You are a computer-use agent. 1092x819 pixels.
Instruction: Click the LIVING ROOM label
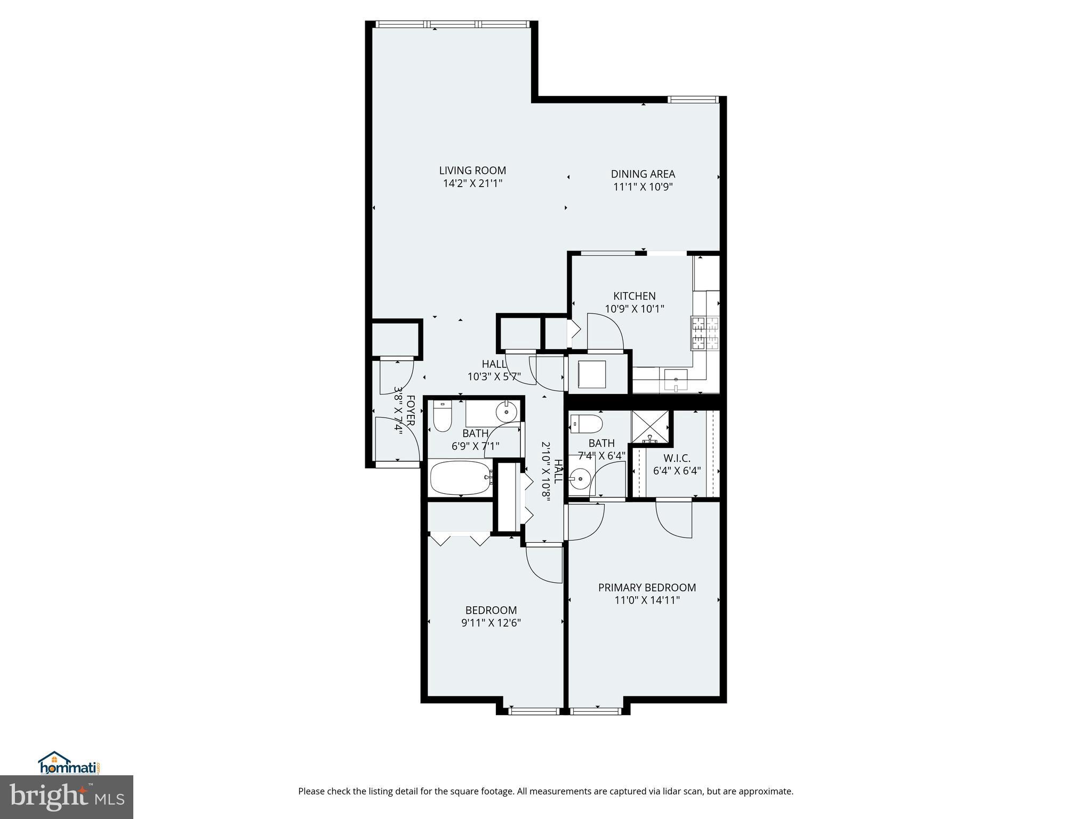point(472,171)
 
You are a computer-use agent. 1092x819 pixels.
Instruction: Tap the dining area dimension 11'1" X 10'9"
point(643,187)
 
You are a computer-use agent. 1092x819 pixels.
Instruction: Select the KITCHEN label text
point(634,296)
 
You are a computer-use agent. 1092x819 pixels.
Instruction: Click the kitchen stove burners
point(705,333)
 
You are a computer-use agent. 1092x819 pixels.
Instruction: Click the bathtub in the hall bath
point(461,477)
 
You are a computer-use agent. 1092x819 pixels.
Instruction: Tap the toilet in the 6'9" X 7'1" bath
point(442,417)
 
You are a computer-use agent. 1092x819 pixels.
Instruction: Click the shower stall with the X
point(649,427)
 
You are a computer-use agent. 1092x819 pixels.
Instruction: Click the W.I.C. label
point(677,458)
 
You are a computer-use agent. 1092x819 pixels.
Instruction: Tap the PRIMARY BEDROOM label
point(647,588)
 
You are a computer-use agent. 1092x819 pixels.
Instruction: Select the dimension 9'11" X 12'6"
point(491,623)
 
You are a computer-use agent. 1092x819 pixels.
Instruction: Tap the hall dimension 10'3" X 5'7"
point(494,377)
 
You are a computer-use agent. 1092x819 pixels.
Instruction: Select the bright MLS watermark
point(67,797)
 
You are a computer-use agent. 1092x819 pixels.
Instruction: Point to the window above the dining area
point(693,99)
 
